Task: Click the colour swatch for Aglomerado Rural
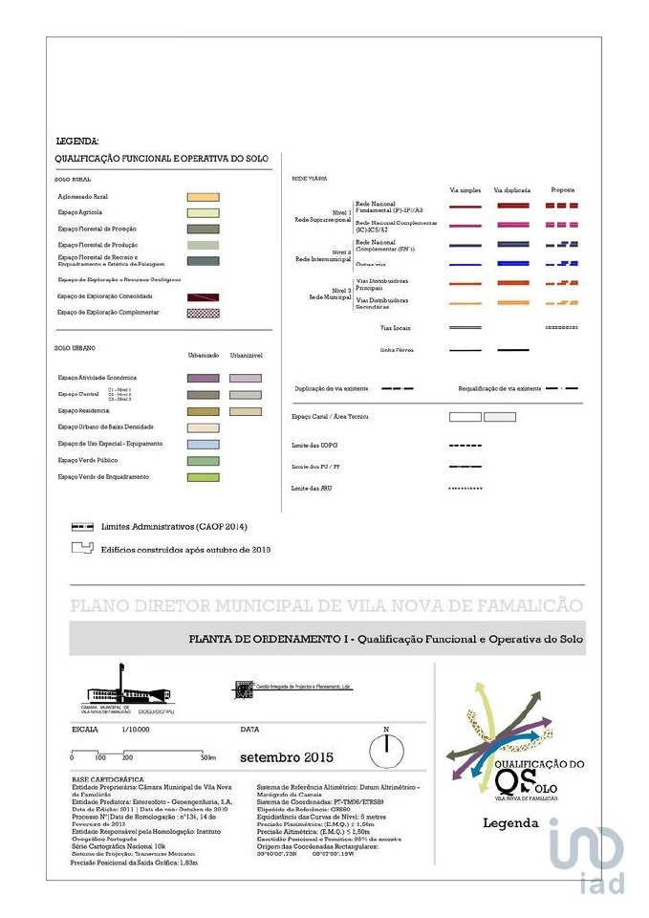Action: tap(204, 196)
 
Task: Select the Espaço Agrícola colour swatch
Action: tap(204, 212)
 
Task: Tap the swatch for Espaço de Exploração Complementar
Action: tap(204, 313)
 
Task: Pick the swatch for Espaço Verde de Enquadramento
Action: tap(204, 477)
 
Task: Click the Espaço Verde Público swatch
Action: tap(204, 461)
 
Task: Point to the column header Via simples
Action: tap(465, 190)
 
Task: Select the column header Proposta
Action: tap(562, 189)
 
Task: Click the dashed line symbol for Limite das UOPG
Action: tap(465, 447)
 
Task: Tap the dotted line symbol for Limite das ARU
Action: tap(465, 489)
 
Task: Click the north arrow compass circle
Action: tap(387, 750)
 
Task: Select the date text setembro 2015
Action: tap(286, 757)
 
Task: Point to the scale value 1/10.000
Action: tap(136, 730)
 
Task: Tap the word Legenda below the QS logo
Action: tap(510, 822)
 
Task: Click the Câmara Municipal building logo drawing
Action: tap(125, 687)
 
